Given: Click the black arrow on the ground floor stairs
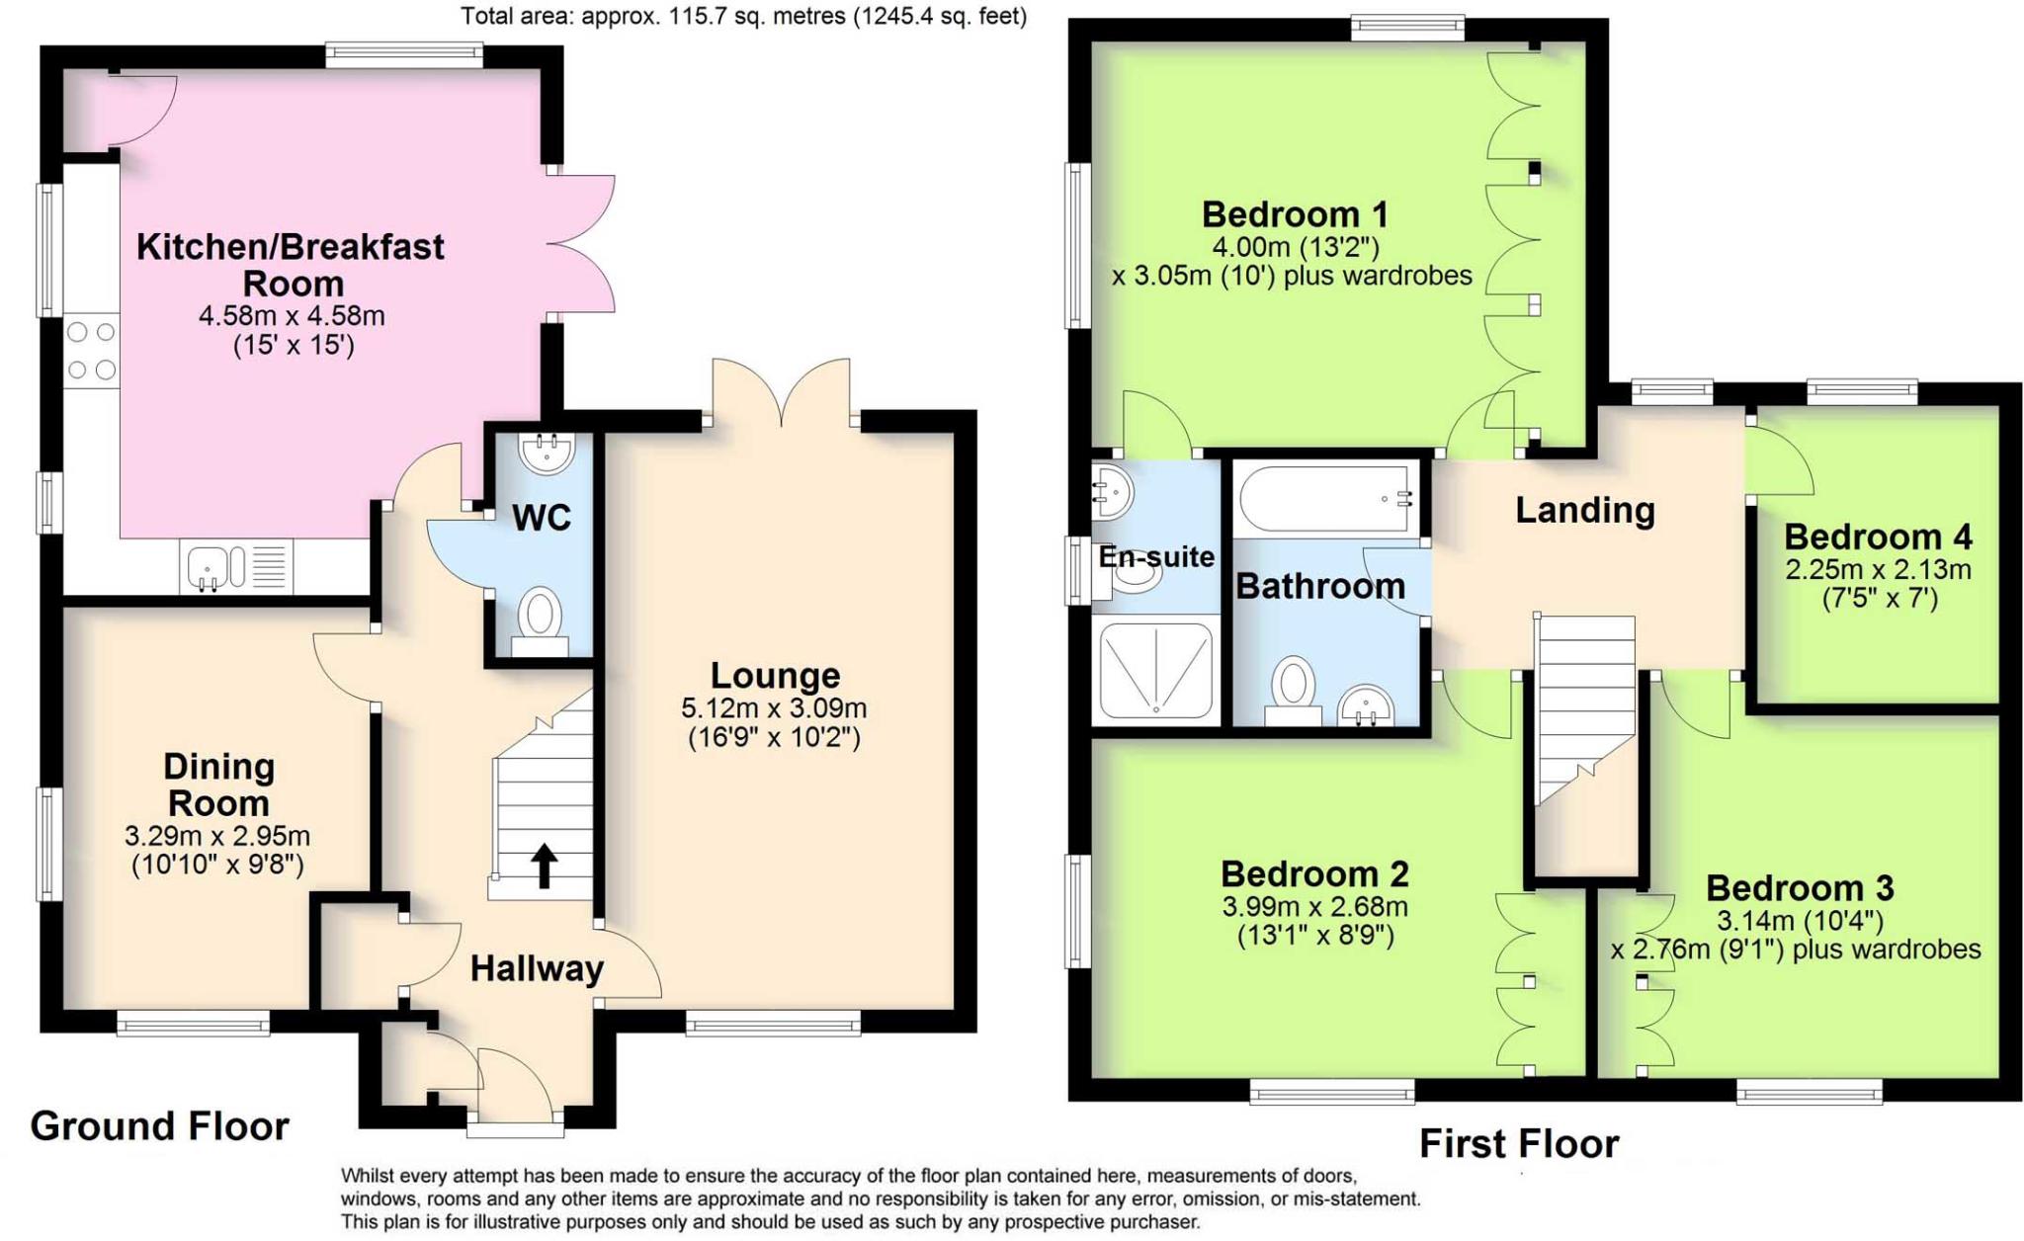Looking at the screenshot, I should (544, 867).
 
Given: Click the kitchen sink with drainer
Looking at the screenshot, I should (235, 567).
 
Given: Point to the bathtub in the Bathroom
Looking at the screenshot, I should (1325, 499).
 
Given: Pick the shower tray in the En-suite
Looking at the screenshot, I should (1155, 669).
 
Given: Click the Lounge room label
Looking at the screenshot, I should (775, 676).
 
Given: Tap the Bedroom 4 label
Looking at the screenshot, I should (1877, 537).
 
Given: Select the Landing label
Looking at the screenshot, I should (1584, 510).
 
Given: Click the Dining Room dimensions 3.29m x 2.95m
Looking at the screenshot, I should (217, 836).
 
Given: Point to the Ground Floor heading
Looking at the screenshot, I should (159, 1125).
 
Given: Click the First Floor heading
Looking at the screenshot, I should (1518, 1143).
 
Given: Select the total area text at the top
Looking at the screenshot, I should (743, 16).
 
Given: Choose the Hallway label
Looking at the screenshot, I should (536, 969).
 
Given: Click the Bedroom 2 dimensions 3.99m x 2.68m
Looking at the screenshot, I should (1314, 906).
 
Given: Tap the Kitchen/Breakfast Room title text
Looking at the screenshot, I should (291, 264).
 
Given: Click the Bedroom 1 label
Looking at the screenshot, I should (1295, 213).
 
